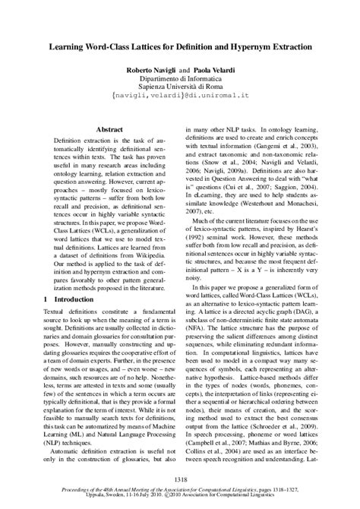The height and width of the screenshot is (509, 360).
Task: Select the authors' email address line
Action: tap(180, 97)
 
